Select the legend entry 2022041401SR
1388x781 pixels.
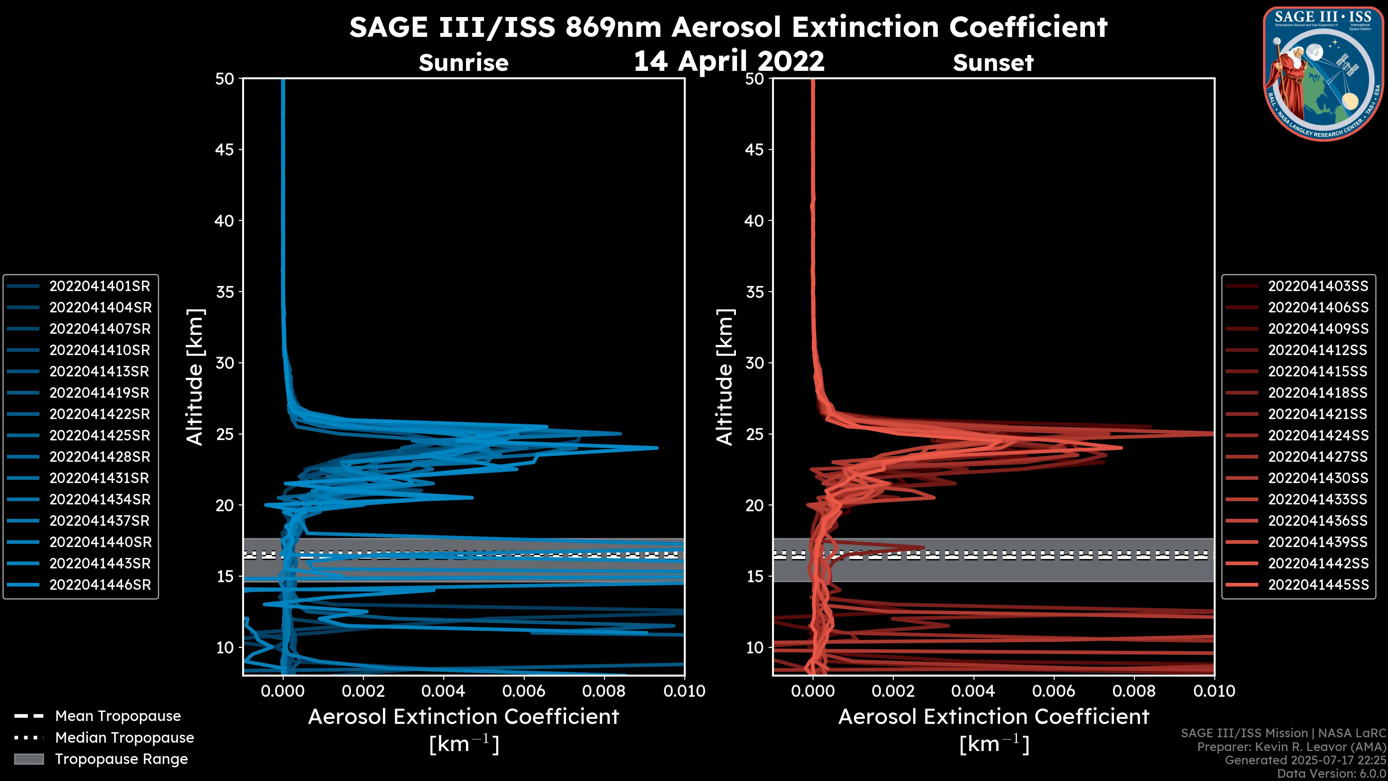click(x=100, y=286)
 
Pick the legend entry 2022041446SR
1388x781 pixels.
click(x=100, y=585)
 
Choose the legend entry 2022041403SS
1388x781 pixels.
click(x=1318, y=286)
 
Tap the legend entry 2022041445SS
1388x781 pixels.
click(x=1318, y=585)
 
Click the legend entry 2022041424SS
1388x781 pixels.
click(x=1318, y=435)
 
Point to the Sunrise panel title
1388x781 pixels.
click(x=463, y=63)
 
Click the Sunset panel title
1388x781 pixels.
click(x=993, y=63)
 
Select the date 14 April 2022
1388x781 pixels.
click(x=728, y=61)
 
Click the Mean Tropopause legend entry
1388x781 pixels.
click(x=117, y=716)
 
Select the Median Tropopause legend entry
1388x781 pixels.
click(x=124, y=738)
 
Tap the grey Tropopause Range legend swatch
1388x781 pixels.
click(x=29, y=759)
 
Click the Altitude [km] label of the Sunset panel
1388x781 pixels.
click(x=725, y=377)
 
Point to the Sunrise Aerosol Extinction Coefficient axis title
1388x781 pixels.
click(x=463, y=717)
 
